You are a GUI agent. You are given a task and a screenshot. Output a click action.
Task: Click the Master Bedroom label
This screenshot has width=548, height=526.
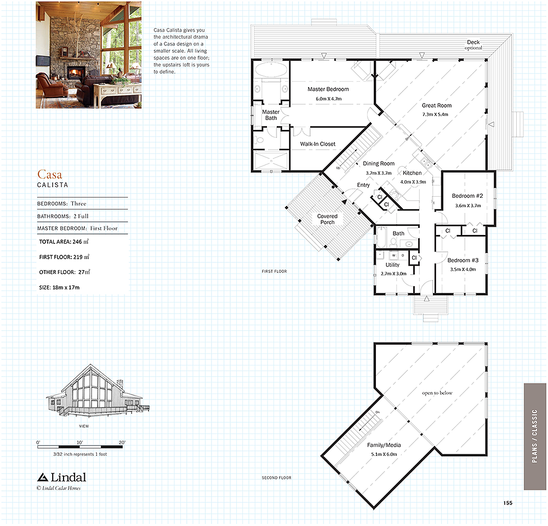[x=328, y=89]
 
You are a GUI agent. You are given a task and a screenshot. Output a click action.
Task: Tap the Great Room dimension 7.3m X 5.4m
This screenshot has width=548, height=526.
[x=435, y=115]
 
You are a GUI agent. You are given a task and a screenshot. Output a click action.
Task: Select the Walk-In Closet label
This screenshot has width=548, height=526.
[x=317, y=144]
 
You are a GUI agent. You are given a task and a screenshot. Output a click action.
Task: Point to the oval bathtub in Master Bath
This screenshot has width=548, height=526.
[x=271, y=69]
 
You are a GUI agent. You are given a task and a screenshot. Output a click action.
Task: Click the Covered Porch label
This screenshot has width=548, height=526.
[x=327, y=219]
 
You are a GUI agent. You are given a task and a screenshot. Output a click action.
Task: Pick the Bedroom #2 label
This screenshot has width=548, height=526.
[x=467, y=196]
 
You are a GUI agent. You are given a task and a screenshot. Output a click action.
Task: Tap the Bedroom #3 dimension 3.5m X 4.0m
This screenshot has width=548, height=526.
[x=463, y=269]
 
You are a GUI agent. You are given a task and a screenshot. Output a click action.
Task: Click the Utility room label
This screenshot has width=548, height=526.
[x=392, y=265]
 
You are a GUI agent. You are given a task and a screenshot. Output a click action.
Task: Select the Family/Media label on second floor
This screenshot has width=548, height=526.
[x=384, y=445]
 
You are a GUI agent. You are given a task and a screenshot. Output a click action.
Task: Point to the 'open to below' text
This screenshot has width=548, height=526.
[x=437, y=393]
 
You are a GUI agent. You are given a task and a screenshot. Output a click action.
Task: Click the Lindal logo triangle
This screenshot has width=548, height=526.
[x=43, y=477]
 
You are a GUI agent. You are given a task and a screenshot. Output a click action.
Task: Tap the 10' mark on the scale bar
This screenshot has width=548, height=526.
[x=79, y=443]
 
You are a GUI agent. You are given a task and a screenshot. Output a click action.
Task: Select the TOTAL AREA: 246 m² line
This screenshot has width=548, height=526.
[x=64, y=242]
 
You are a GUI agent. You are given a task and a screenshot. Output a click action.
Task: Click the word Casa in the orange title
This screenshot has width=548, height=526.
[x=50, y=174]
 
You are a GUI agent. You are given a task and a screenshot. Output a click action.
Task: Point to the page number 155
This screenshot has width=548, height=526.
[x=508, y=503]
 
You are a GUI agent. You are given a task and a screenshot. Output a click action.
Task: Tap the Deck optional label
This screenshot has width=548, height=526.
[x=473, y=45]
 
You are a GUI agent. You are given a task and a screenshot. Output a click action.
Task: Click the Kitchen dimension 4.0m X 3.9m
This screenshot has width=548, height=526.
[x=413, y=182]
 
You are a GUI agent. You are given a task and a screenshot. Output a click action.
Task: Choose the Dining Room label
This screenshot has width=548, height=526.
[x=379, y=163]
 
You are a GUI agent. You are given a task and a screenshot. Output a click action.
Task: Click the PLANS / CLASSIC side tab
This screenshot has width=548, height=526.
[x=535, y=436]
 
